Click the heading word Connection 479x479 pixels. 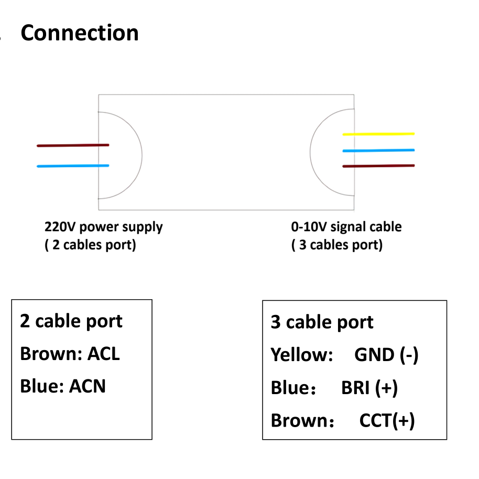[x=80, y=33]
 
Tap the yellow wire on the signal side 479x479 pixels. [x=378, y=134]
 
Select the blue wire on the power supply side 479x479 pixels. [x=73, y=166]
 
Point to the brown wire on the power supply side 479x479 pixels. [x=73, y=145]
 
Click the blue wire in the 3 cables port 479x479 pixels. [x=378, y=150]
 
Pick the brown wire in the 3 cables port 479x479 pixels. [x=378, y=166]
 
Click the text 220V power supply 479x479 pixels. [x=103, y=227]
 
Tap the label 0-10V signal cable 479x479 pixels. [x=346, y=227]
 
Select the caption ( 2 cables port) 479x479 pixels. [x=90, y=245]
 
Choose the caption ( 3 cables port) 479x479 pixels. [x=337, y=245]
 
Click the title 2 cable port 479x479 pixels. [x=71, y=321]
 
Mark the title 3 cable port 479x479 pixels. [x=322, y=322]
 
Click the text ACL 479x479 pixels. [x=103, y=354]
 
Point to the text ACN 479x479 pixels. [x=88, y=386]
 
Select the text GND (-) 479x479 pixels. [x=386, y=355]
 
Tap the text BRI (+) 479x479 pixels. [x=369, y=388]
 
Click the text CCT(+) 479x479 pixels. [x=387, y=420]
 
